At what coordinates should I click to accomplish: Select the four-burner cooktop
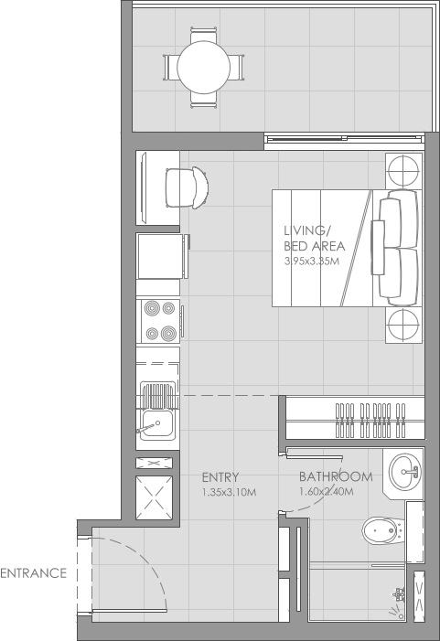pos(159,321)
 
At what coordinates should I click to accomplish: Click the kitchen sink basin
pos(156,423)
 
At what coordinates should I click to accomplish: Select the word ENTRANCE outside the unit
pos(34,574)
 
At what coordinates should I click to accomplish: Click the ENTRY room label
pos(220,476)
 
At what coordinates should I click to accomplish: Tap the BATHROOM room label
pos(336,476)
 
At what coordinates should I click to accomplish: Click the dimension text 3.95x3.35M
pos(313,262)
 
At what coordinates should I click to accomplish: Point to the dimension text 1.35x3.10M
pos(229,493)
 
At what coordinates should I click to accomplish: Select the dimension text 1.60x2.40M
pos(327,493)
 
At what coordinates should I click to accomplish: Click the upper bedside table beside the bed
pos(402,171)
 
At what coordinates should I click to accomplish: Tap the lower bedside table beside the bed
pos(402,325)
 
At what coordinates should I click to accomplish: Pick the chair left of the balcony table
pos(172,67)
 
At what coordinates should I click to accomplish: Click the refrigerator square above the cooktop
pos(159,256)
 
